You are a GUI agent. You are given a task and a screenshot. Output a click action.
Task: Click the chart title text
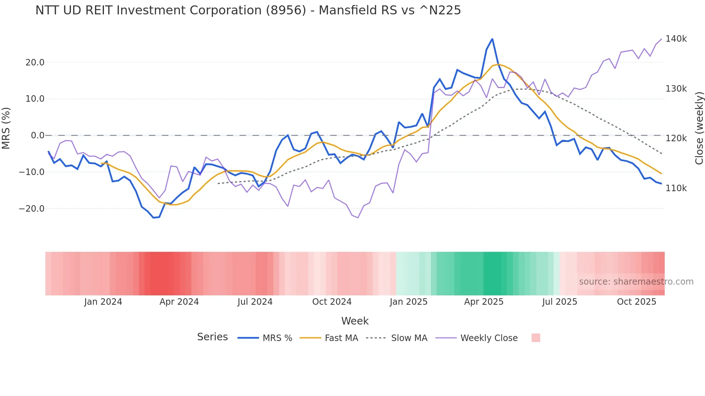point(248,10)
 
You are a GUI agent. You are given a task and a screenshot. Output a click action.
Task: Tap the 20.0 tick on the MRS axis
point(35,63)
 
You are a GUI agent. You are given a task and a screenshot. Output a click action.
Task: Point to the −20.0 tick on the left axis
point(32,209)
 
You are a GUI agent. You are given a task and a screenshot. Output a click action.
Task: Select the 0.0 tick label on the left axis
point(37,135)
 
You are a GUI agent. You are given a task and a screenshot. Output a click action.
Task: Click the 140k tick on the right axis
point(676,39)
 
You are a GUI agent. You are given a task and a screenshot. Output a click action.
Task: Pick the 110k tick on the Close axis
point(676,188)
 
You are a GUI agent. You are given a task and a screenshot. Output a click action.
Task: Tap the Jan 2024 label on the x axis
point(103,302)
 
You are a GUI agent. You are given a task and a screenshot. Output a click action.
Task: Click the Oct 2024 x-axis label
point(332,302)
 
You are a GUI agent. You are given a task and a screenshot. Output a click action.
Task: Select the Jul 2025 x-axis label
point(559,302)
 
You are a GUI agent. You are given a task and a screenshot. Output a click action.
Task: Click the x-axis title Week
point(355,321)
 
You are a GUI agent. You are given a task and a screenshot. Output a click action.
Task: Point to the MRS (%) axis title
point(6,128)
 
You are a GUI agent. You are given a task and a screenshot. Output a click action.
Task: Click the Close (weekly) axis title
point(699,128)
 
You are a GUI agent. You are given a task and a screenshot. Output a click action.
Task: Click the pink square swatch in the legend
point(536,338)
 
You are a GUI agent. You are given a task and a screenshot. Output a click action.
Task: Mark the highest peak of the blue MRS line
point(492,39)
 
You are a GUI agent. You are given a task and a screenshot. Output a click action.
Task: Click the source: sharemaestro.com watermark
point(636,282)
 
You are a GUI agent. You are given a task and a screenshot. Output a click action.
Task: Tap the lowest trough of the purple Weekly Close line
point(358,217)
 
